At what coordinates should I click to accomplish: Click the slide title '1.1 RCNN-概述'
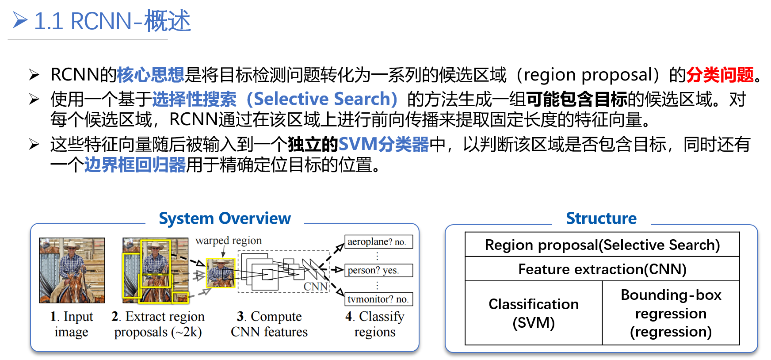(112, 21)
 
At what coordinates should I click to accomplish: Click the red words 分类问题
(720, 75)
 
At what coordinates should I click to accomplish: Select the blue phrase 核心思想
(150, 75)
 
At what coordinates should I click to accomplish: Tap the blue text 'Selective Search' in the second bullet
(322, 99)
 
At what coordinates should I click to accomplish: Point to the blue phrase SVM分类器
(383, 144)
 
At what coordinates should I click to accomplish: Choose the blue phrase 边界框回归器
(135, 165)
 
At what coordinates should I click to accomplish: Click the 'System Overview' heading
(225, 218)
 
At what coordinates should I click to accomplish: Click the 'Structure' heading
(601, 218)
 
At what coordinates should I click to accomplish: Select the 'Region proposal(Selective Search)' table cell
(602, 245)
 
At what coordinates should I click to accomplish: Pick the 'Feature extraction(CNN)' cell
(602, 269)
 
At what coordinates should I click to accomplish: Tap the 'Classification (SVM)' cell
(534, 313)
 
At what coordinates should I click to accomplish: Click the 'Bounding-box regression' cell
(671, 313)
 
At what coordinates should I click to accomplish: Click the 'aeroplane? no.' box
(378, 242)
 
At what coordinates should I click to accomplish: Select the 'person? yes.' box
(378, 270)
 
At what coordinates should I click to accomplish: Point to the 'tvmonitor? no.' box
(378, 299)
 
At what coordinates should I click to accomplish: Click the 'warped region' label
(229, 241)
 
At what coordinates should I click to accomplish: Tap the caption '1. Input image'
(72, 324)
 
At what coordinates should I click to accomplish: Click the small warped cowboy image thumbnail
(220, 273)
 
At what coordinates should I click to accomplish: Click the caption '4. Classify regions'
(375, 324)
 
